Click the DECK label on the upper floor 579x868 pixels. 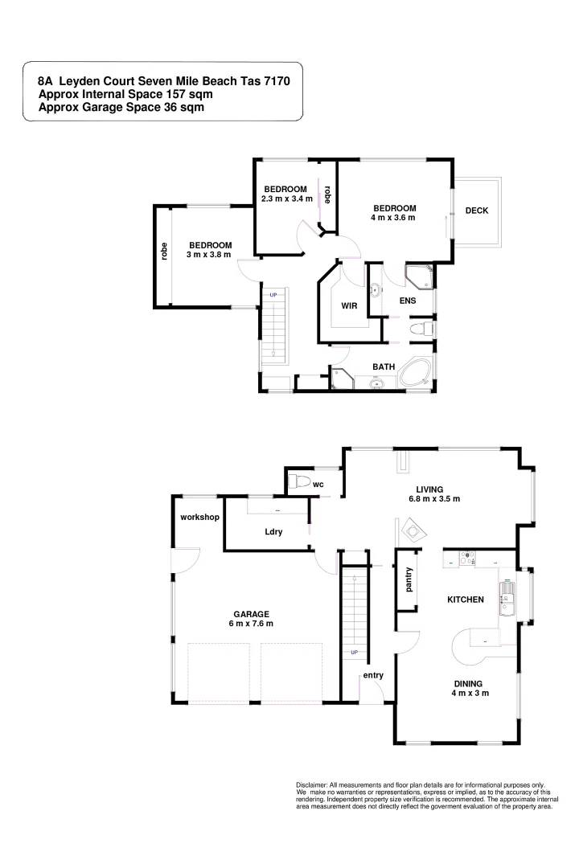click(477, 211)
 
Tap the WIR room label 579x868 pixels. click(348, 305)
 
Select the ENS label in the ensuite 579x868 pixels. click(407, 301)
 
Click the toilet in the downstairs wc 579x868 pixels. click(301, 482)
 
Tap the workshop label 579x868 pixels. click(199, 517)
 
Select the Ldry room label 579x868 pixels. click(273, 532)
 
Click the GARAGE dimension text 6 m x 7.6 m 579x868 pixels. click(251, 623)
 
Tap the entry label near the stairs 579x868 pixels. click(373, 675)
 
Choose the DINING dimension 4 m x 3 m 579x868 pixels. click(470, 693)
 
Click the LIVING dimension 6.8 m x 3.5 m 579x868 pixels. click(433, 498)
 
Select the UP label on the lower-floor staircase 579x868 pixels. click(354, 652)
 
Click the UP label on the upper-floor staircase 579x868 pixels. click(273, 295)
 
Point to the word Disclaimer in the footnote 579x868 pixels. click(315, 784)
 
